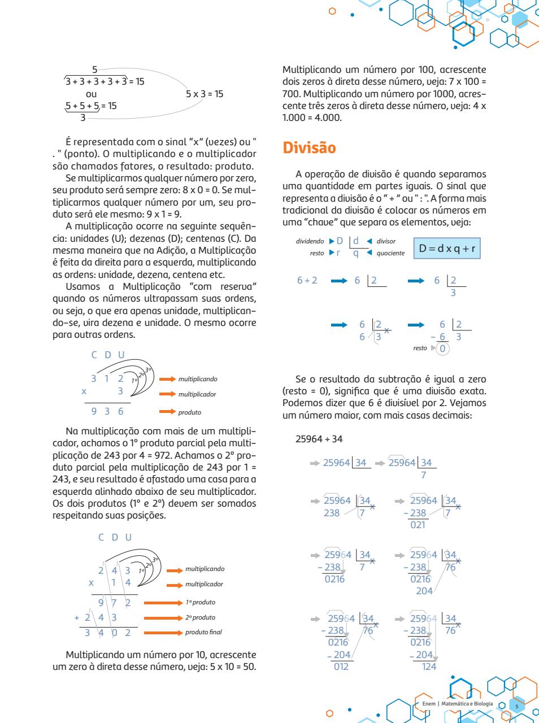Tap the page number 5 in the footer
[516, 706]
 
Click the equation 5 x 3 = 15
[205, 94]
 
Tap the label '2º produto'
[201, 617]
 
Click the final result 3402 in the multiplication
[107, 633]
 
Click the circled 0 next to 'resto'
[443, 349]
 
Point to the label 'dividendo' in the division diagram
[310, 241]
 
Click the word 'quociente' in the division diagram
[390, 253]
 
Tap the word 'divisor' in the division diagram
[386, 241]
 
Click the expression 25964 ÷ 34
[319, 439]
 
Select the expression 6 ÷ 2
[307, 281]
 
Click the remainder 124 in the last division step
[429, 667]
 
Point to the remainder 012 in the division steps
[341, 667]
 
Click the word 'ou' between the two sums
[91, 94]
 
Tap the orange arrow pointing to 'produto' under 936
[167, 412]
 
